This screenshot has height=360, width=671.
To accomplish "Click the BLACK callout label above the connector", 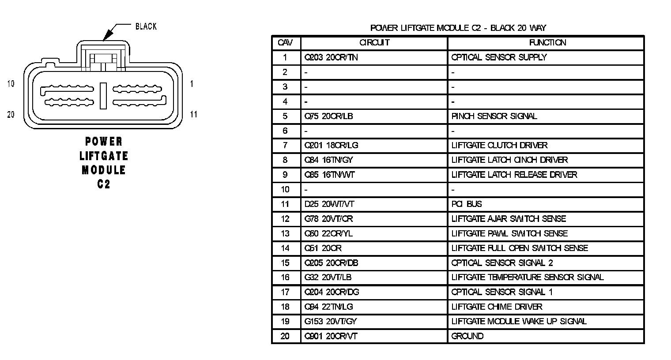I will [x=146, y=26].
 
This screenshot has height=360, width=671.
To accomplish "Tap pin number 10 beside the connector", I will [x=11, y=84].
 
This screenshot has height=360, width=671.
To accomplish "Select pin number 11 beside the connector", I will [x=194, y=115].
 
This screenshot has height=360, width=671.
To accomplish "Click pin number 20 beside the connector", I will [x=11, y=115].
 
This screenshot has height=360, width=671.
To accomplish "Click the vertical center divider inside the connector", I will [x=103, y=96].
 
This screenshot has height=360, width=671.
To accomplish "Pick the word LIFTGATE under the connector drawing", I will [x=104, y=156].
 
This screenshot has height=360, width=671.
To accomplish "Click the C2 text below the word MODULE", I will [x=104, y=184].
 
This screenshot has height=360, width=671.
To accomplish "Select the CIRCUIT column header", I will [x=374, y=43].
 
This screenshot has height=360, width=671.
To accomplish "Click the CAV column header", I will [x=285, y=43].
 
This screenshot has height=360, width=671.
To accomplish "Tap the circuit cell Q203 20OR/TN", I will [x=331, y=57].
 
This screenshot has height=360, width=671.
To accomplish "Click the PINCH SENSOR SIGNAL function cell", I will [x=494, y=116].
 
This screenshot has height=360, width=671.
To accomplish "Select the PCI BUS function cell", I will [x=467, y=204].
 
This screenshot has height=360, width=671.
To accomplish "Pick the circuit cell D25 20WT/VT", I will [x=329, y=204].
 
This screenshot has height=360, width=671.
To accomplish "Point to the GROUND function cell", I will [x=467, y=336].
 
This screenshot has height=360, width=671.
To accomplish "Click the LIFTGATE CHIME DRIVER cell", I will [x=497, y=307].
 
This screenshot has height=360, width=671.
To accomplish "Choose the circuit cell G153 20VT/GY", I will [x=331, y=322].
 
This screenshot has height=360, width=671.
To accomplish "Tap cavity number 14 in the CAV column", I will [x=285, y=248].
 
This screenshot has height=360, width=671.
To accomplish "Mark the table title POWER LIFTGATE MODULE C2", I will [x=458, y=28].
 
